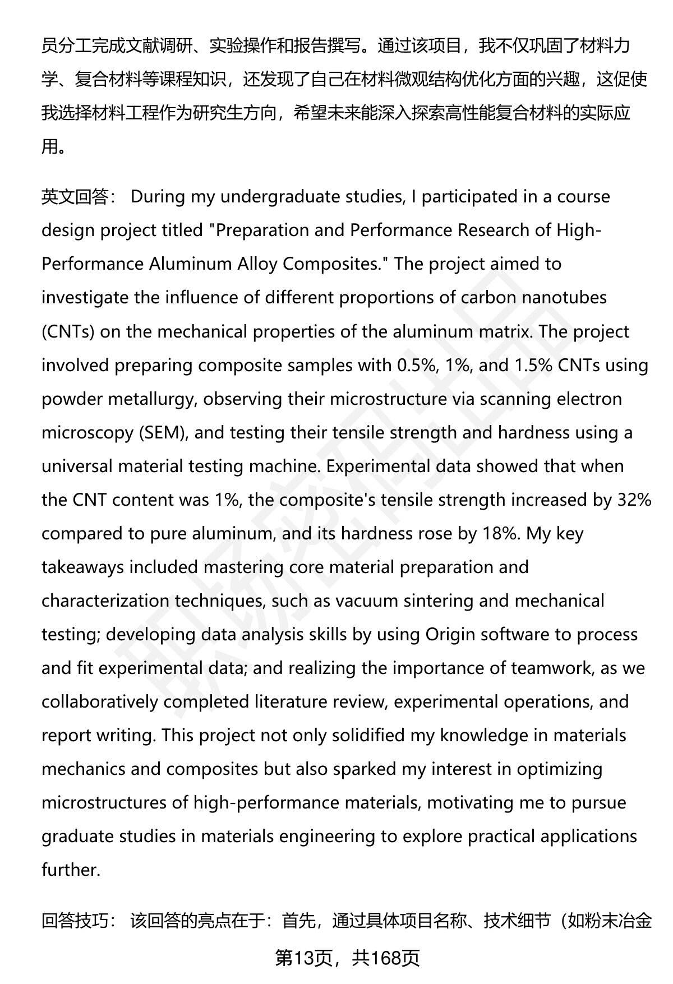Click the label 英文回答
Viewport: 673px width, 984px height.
click(x=75, y=197)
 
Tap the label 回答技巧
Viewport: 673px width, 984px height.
click(x=75, y=921)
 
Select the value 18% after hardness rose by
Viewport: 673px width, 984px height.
click(x=499, y=533)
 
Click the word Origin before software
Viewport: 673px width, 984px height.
click(x=450, y=634)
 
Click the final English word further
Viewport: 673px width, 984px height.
click(x=71, y=870)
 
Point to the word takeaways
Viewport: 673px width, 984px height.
click(x=82, y=567)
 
